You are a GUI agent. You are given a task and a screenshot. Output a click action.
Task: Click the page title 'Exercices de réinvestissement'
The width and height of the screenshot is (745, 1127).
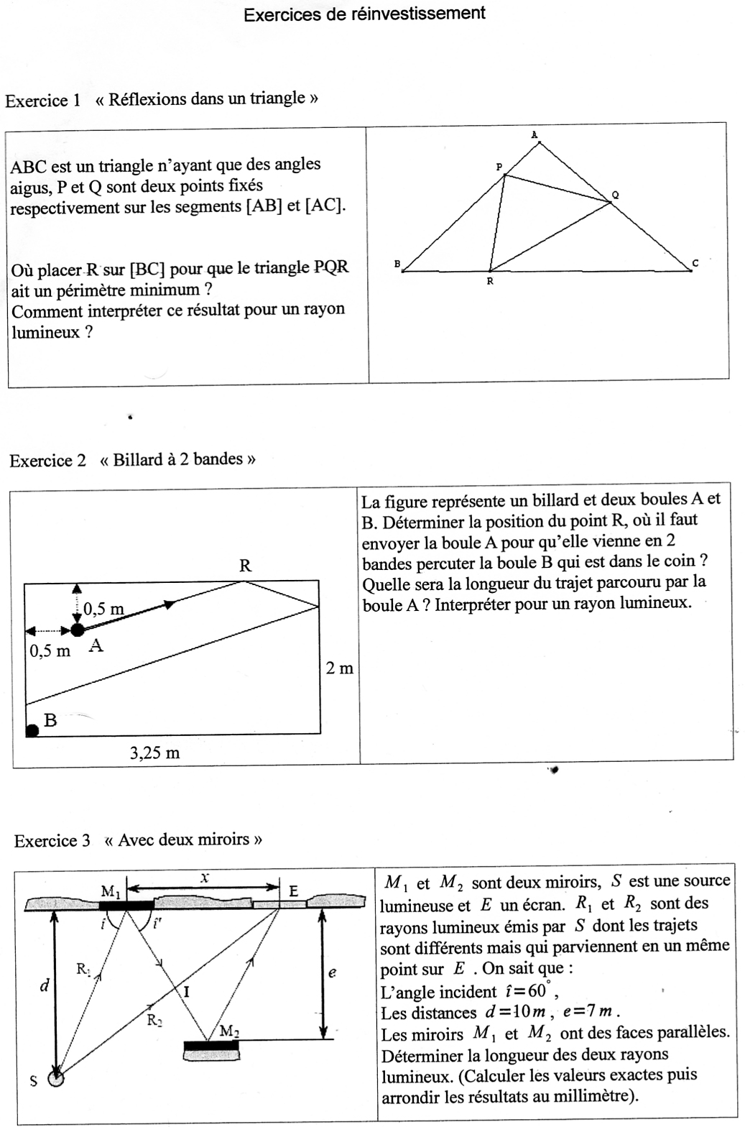(x=364, y=14)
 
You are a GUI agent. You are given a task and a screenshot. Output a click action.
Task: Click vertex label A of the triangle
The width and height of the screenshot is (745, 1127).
(x=534, y=134)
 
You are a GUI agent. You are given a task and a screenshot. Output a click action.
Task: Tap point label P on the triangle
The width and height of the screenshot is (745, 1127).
(x=499, y=167)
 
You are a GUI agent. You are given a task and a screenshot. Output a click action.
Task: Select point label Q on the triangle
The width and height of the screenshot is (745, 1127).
(x=615, y=195)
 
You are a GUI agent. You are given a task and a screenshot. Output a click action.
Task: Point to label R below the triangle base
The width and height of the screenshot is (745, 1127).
(x=490, y=282)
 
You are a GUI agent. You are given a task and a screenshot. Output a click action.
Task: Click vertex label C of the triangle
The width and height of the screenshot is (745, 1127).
(x=695, y=264)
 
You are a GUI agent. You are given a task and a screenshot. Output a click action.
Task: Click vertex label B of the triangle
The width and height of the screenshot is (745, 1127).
(x=397, y=264)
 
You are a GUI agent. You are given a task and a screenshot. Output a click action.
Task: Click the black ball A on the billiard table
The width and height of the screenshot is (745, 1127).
(x=77, y=630)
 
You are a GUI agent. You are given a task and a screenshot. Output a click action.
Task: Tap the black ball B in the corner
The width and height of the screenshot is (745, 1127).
(x=32, y=731)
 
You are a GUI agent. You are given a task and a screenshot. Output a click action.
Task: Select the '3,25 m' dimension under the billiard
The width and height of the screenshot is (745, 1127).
(x=154, y=753)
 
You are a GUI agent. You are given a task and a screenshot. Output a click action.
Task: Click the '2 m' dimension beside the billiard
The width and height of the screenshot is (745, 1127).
(x=340, y=668)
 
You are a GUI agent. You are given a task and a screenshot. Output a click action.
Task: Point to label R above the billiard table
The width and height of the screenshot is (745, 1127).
(x=245, y=566)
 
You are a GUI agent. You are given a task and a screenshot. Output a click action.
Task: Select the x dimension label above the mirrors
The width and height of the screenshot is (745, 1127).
(x=205, y=877)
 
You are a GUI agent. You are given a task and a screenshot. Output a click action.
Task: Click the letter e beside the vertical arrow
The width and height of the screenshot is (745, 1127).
(x=332, y=973)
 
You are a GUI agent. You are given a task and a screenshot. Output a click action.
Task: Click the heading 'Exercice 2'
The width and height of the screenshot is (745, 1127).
(x=47, y=461)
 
